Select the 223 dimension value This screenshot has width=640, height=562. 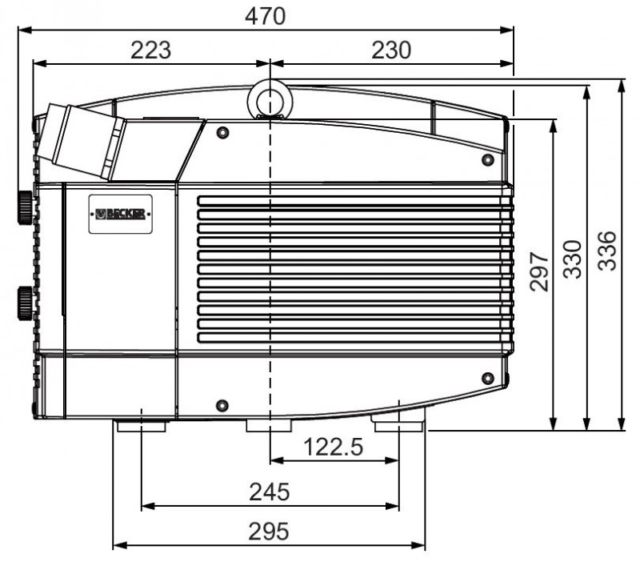click(x=151, y=50)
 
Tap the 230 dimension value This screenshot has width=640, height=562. click(x=391, y=50)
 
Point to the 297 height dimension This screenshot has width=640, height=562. click(x=538, y=271)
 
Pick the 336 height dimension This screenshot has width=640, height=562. click(x=607, y=251)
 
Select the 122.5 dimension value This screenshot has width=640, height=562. click(x=334, y=447)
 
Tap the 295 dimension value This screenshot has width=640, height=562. click(x=269, y=531)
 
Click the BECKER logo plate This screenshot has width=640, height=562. click(x=121, y=214)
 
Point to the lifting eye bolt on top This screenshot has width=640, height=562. click(x=270, y=100)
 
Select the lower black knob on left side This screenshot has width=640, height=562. click(x=25, y=303)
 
